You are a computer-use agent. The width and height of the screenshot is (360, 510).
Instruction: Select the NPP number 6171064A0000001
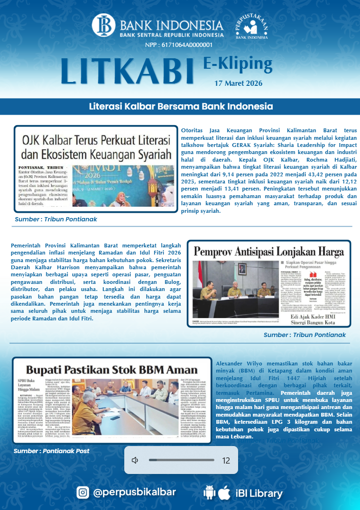(179, 45)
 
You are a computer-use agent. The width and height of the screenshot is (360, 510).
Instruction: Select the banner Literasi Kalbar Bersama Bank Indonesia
(181, 106)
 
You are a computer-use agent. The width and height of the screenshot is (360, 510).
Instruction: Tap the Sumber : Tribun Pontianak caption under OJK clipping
(56, 219)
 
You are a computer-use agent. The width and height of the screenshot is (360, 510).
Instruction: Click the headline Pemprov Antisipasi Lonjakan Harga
(268, 251)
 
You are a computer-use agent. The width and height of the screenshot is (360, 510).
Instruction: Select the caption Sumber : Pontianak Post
(52, 451)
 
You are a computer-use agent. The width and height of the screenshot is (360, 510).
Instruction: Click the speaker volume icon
(135, 460)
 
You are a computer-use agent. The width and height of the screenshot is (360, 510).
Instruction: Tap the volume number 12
(226, 460)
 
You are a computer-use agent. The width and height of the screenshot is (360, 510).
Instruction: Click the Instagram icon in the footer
(83, 492)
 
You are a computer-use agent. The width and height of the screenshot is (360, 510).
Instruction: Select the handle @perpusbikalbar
(135, 492)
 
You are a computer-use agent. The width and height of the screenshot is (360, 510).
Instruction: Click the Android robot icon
(209, 493)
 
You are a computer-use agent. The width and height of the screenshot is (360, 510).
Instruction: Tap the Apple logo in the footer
(224, 492)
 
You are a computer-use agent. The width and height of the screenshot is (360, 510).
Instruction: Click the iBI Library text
(259, 493)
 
